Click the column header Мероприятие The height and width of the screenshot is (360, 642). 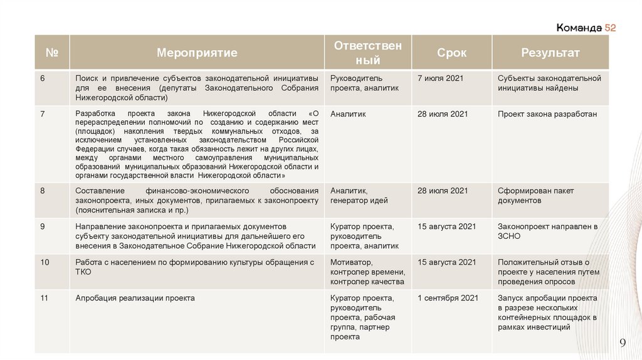tap(197, 53)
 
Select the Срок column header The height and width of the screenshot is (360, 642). tap(451, 53)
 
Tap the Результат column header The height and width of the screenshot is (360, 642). tap(550, 53)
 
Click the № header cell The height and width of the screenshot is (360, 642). tap(51, 53)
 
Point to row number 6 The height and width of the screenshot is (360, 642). tap(43, 78)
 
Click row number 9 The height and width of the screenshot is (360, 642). tap(43, 226)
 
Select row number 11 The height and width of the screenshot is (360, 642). tap(44, 298)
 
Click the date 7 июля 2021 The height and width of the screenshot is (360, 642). tap(440, 78)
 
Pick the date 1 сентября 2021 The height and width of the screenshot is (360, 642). tap(448, 298)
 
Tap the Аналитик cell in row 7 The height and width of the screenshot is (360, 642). tap(348, 114)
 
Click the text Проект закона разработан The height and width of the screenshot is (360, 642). tap(547, 114)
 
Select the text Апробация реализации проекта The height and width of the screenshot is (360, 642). tap(135, 298)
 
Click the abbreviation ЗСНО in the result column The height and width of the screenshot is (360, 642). tap(509, 236)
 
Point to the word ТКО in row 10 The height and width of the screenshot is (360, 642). tap(83, 272)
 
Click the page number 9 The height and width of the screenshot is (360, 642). tap(623, 342)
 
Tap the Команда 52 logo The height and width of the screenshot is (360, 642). tap(586, 28)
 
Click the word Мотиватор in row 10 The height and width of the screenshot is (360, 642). tap(351, 262)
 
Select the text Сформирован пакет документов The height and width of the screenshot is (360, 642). tap(536, 196)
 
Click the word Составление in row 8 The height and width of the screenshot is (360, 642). tap(97, 191)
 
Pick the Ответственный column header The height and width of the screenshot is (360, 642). tap(367, 53)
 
